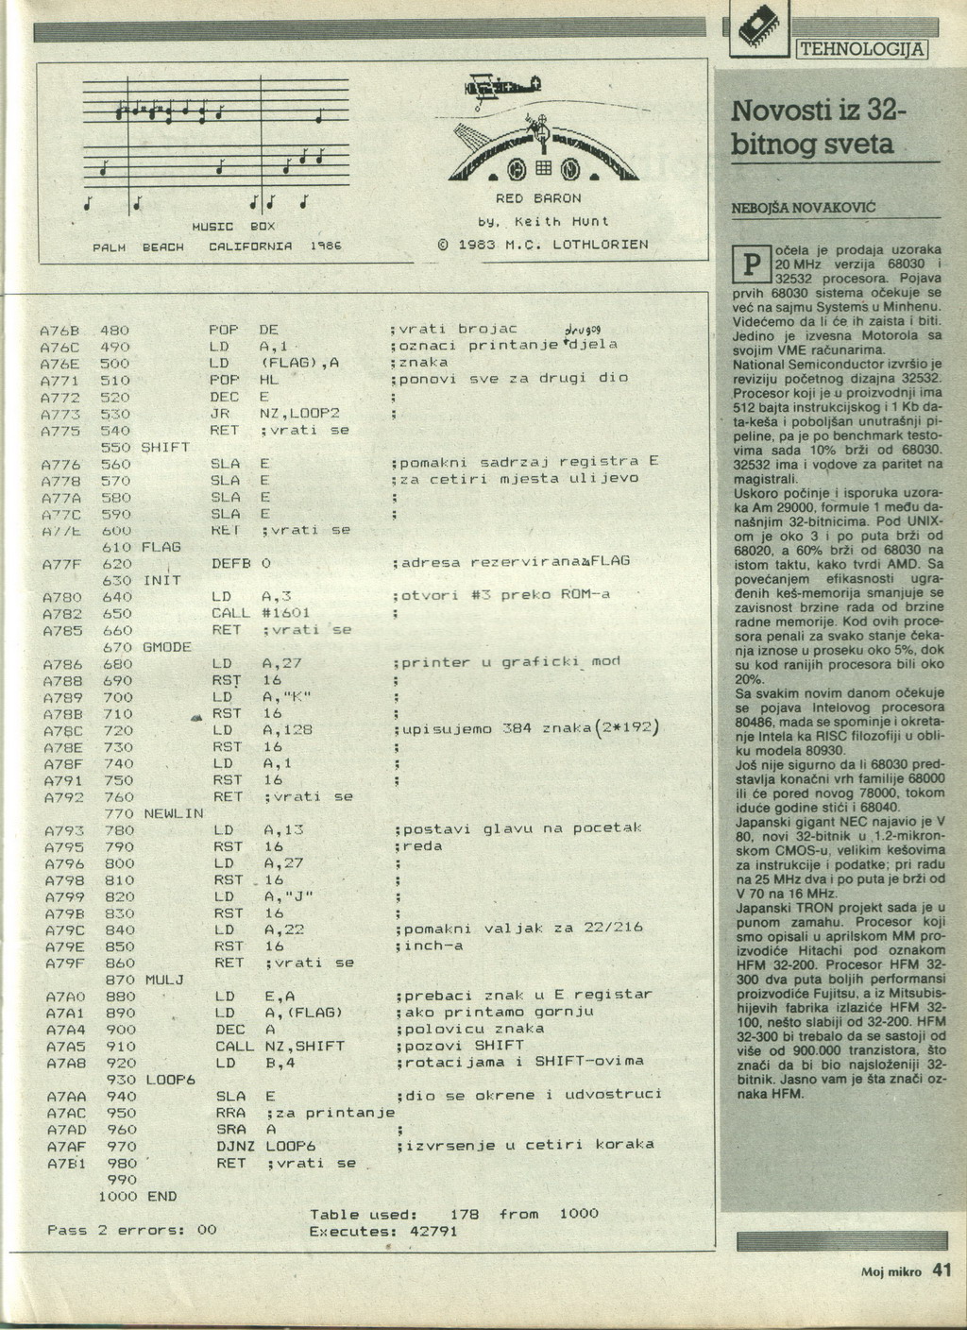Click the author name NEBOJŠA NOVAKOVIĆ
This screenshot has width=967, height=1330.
(x=804, y=207)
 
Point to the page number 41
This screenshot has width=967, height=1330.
(x=942, y=1270)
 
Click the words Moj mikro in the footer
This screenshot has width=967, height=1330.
(x=891, y=1272)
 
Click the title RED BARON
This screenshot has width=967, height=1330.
(x=538, y=198)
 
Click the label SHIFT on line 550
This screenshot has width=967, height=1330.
(x=165, y=447)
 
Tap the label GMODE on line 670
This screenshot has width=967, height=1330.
(x=167, y=647)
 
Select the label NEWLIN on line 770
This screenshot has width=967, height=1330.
(x=173, y=813)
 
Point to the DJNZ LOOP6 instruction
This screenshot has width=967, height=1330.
(x=264, y=1146)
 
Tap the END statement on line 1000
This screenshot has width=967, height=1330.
(x=162, y=1196)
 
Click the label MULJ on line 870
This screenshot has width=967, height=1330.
(x=164, y=980)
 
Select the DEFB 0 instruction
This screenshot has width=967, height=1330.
(x=242, y=563)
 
